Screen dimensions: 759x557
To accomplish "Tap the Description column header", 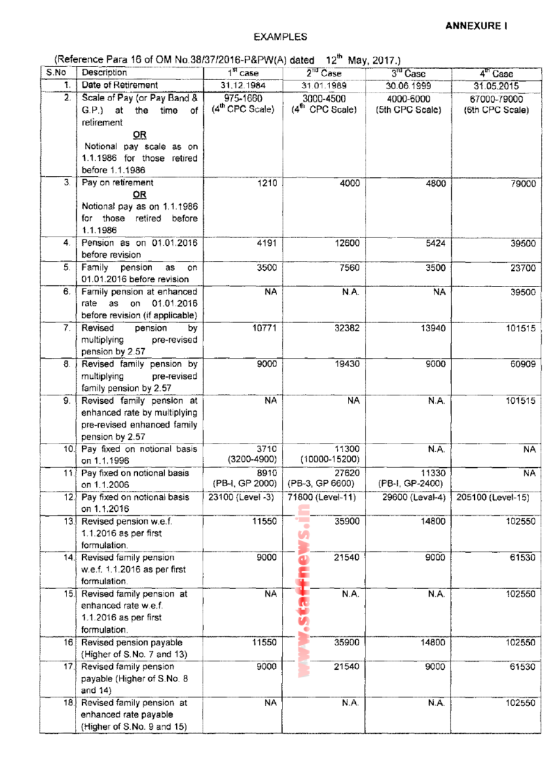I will pos(104,72).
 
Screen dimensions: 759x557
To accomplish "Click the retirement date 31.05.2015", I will pos(496,86).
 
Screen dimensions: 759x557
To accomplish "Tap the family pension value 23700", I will pos(522,269).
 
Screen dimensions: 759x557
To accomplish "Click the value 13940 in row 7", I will pos(433,328).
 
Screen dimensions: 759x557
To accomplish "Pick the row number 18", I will pos(68,704).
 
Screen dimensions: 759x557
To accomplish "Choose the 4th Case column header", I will pos(496,73).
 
